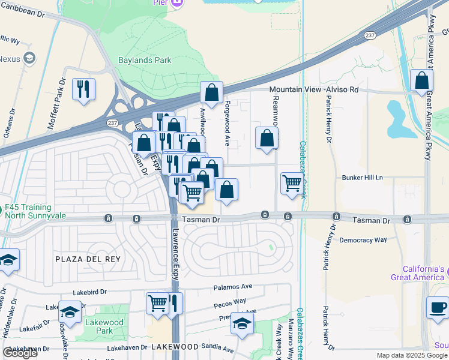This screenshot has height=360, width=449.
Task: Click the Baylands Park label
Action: pos(144,60)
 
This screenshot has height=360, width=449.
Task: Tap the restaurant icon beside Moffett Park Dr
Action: pos(83,89)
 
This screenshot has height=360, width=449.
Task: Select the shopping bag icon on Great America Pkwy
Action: pos(422,80)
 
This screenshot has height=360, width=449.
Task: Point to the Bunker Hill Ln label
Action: pos(362,178)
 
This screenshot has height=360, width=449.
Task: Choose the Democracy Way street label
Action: pos(363,239)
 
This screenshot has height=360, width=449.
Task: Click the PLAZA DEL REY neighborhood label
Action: pos(88,259)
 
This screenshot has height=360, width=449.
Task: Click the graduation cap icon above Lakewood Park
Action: pos(70,312)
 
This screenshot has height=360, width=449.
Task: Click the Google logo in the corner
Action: pos(20,353)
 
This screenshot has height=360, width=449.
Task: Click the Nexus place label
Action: pos(10,59)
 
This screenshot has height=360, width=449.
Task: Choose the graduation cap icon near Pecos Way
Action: pos(242,323)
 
